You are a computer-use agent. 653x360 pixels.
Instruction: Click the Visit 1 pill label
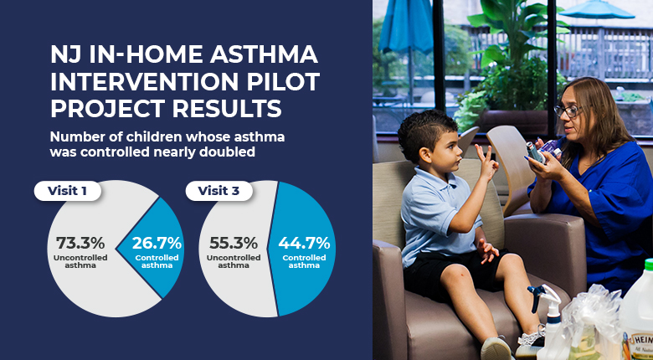[x=68, y=191]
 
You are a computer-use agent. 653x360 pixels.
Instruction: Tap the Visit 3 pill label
[x=219, y=191]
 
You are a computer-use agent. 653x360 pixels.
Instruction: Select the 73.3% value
[x=80, y=243]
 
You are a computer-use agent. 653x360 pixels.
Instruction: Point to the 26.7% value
[x=157, y=243]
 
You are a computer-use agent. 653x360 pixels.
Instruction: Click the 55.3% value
[x=234, y=243]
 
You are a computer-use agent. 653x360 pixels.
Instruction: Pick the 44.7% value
[x=304, y=243]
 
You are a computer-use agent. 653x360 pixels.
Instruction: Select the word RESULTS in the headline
[x=227, y=109]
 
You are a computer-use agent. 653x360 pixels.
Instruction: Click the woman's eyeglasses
[x=568, y=111]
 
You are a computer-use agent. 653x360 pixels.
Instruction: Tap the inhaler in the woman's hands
[x=535, y=152]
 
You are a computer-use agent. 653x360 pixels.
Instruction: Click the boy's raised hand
[x=488, y=163]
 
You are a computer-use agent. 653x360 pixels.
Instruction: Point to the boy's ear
[x=425, y=155]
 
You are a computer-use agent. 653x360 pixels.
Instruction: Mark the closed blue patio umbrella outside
[x=407, y=28]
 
